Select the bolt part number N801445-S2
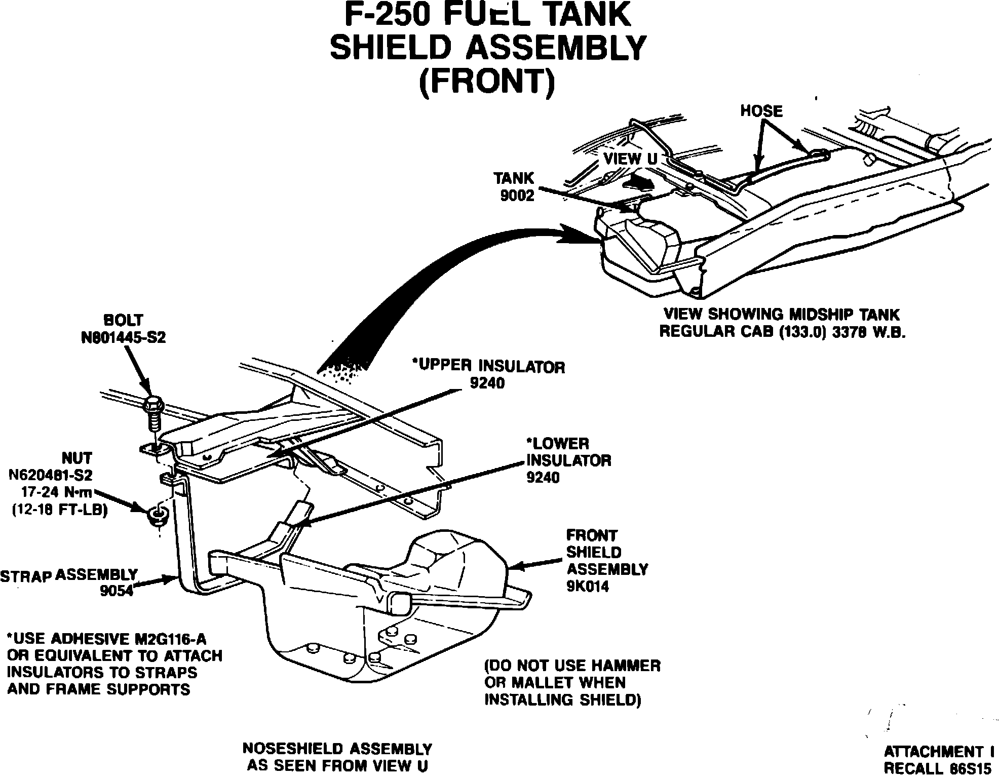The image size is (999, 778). click(123, 338)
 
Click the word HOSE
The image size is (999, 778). click(761, 111)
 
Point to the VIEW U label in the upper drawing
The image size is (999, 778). click(630, 159)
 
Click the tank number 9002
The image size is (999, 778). click(517, 196)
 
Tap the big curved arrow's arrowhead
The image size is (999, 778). click(583, 236)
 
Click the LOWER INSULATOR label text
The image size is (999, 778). click(568, 452)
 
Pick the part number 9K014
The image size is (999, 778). click(588, 586)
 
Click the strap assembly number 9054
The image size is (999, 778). click(117, 591)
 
